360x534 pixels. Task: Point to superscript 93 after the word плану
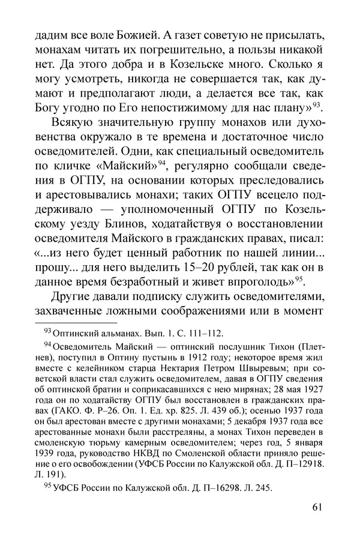coord(317,105)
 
